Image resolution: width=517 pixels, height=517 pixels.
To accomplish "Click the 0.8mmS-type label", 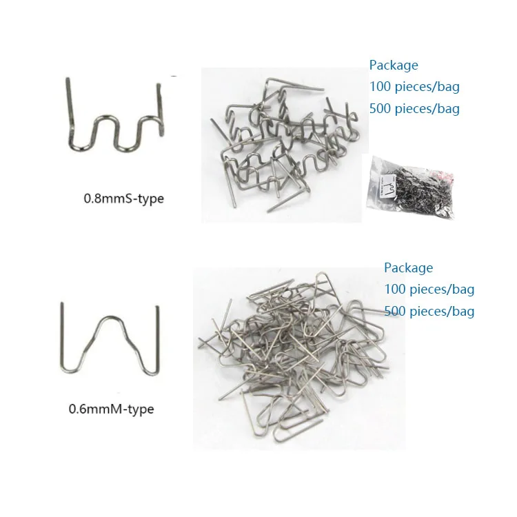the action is (x=124, y=199).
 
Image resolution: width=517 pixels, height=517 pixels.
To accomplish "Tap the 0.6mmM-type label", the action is (x=111, y=409).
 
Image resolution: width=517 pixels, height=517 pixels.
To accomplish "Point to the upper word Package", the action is (x=394, y=65).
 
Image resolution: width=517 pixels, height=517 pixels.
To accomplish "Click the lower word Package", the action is (x=408, y=267).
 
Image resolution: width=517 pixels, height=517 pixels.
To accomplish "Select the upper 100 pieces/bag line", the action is (x=414, y=87).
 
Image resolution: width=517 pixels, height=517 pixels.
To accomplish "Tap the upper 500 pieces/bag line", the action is (x=414, y=108).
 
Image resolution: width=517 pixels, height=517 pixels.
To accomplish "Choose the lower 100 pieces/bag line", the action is (x=429, y=290).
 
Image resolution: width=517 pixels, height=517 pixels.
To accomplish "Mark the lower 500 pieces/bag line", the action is (x=429, y=312).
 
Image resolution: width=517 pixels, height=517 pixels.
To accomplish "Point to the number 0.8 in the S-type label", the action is (x=92, y=199).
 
